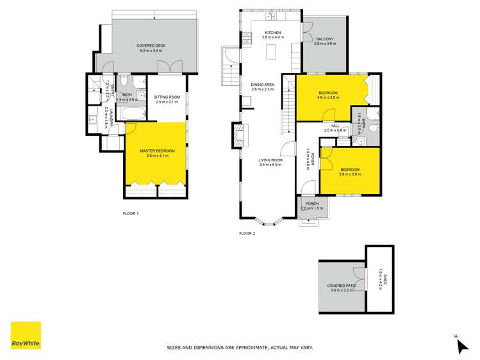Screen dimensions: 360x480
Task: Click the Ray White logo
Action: click(x=26, y=336)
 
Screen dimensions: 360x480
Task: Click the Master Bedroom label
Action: click(x=154, y=151)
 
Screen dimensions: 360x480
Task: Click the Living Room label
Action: click(x=270, y=160)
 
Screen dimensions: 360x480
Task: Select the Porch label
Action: click(x=313, y=204)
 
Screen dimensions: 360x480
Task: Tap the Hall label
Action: click(x=335, y=126)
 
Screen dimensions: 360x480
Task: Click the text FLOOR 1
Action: click(x=131, y=213)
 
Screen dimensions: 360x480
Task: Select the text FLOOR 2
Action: click(x=247, y=233)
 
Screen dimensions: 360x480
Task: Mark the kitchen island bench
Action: click(x=272, y=51)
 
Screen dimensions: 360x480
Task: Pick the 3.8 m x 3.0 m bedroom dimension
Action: click(x=350, y=174)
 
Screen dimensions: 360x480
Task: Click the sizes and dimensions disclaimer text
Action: click(x=240, y=348)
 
